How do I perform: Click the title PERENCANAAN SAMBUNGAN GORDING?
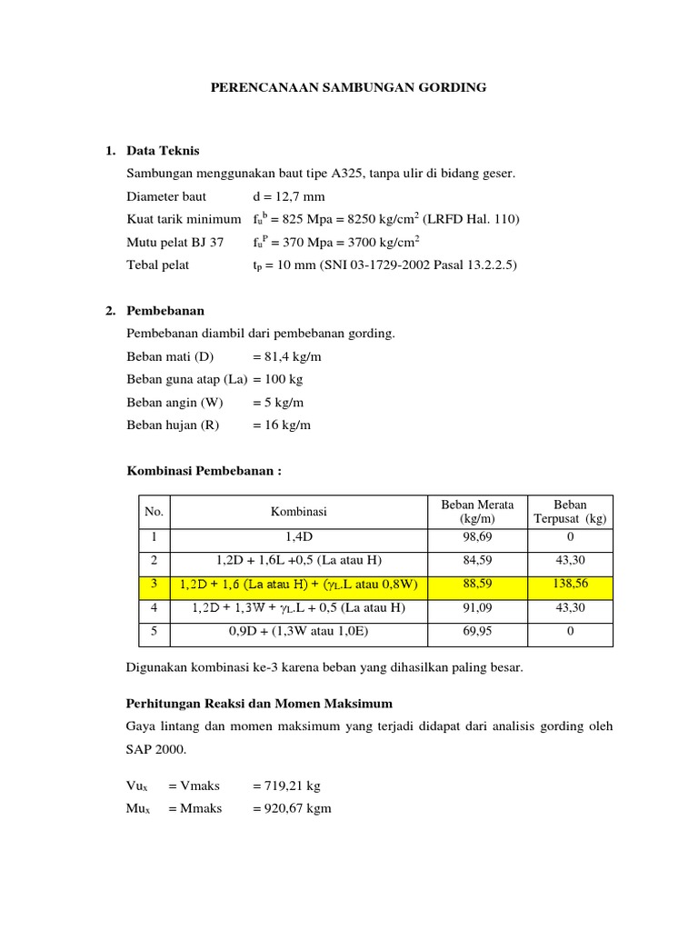[348, 87]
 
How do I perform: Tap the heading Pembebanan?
[165, 311]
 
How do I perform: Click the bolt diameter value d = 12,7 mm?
[289, 196]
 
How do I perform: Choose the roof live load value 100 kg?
[287, 379]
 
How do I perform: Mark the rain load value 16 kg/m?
[288, 425]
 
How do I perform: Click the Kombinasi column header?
[298, 512]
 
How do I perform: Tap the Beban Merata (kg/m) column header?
[477, 511]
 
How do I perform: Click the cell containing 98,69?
[477, 538]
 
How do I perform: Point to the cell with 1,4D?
[298, 538]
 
